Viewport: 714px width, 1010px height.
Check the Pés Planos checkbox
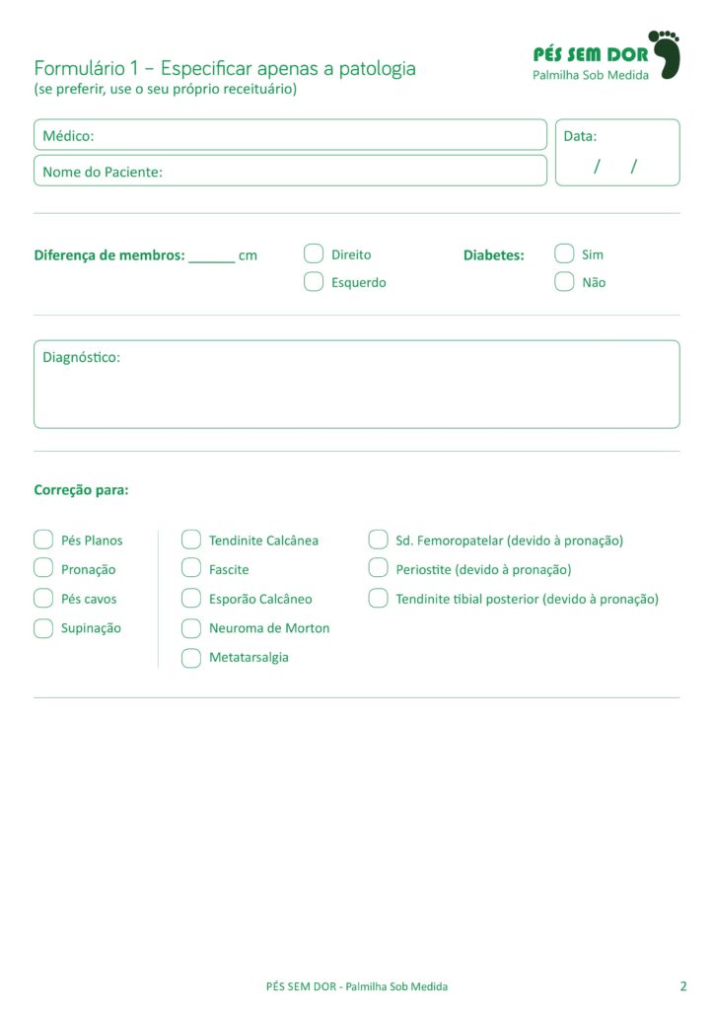pos(43,540)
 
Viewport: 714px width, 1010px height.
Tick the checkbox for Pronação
pos(43,568)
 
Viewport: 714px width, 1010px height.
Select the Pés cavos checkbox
pos(43,598)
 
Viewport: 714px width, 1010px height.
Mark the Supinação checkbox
pos(43,628)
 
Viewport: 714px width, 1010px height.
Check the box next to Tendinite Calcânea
pos(191,540)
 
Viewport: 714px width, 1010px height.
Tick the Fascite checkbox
pos(191,568)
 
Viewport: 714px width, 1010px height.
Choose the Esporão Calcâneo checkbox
pos(191,598)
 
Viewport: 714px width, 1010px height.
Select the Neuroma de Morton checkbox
pos(191,628)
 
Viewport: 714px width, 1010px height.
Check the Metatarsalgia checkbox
pos(191,658)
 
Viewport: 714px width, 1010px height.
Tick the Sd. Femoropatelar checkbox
pos(378,540)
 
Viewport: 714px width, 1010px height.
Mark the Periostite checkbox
pos(378,568)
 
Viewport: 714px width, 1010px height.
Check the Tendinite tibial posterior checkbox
pos(378,598)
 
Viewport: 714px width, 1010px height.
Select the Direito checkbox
pos(314,253)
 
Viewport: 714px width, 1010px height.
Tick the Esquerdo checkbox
pos(314,282)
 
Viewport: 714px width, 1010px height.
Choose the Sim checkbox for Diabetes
pos(564,253)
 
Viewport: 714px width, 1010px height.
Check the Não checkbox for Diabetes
pos(564,282)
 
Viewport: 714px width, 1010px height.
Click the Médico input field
pos(316,135)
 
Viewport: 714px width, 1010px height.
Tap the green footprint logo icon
pos(669,54)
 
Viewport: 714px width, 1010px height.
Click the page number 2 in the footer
pos(683,985)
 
